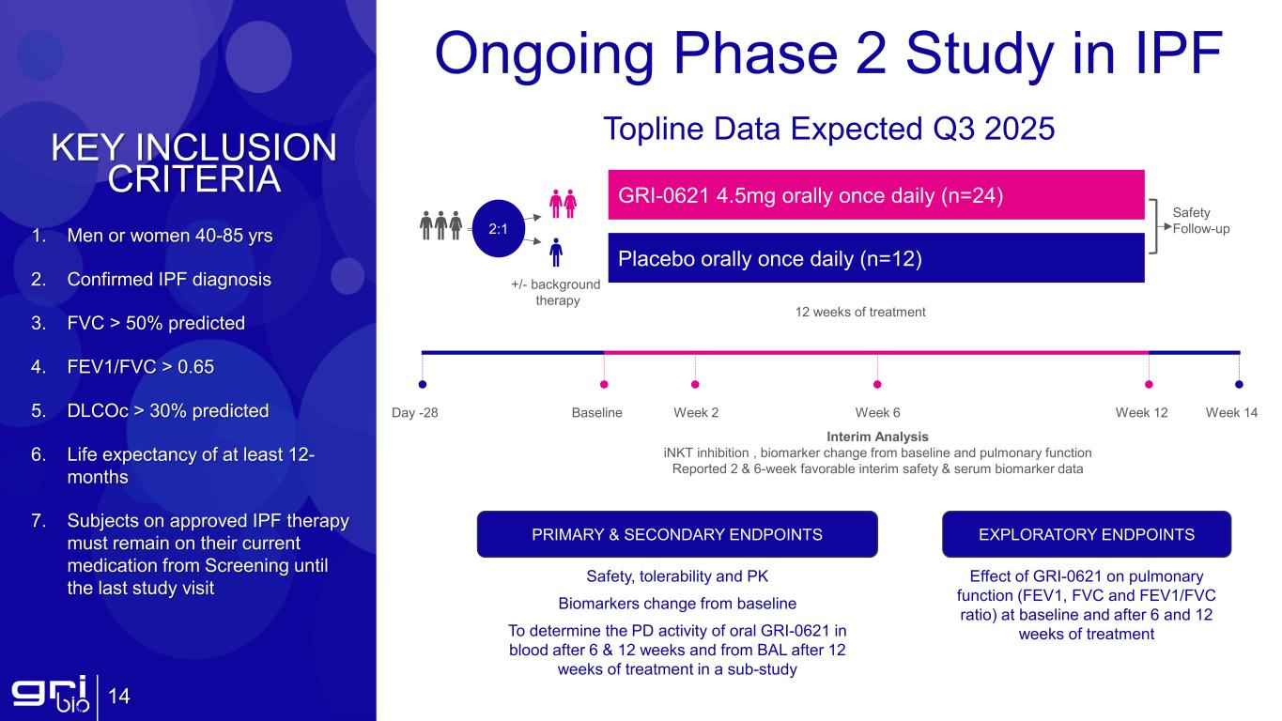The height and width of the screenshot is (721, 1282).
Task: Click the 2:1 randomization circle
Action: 498,227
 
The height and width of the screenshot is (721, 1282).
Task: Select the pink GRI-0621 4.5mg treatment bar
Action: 875,195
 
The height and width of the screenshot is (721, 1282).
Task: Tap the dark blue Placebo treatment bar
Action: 875,258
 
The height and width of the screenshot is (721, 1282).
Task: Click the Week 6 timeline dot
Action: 877,383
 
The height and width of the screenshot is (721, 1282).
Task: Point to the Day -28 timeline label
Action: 414,412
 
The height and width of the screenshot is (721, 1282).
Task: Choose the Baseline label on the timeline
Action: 597,412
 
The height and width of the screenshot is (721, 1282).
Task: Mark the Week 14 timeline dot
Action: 1239,383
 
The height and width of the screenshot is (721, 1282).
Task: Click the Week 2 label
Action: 696,412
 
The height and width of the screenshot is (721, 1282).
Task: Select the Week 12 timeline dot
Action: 1149,383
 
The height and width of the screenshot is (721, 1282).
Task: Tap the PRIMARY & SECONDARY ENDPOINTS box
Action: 677,534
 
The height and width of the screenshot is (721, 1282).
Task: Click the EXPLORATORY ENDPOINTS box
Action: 1086,534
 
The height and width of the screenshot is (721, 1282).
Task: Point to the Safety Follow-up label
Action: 1201,221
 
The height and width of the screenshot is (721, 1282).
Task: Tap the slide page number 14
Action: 119,697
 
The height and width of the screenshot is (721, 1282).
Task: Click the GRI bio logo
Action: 49,696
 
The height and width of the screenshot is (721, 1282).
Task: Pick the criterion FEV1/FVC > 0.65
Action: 140,367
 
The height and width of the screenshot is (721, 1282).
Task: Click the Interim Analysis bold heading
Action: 877,437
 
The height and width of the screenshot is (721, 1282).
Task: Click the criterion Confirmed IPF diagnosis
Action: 169,280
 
